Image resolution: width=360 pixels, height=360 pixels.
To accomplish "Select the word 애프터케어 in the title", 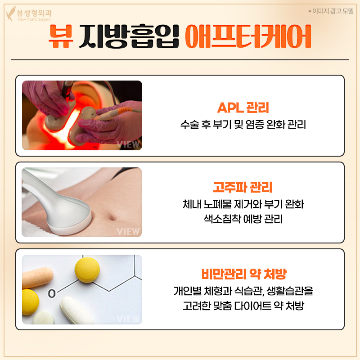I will [x=248, y=38].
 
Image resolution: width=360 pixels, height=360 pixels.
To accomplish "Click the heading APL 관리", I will [x=243, y=108].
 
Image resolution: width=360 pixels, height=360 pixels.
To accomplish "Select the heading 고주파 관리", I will [x=243, y=187].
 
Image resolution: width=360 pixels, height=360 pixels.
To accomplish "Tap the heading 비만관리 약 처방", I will [x=243, y=274].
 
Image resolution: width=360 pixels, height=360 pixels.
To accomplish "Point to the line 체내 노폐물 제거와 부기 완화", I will [x=243, y=204].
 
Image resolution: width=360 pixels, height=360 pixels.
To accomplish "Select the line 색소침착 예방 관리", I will [x=243, y=219].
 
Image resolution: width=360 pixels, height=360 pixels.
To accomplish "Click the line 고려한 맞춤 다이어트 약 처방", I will [x=243, y=306].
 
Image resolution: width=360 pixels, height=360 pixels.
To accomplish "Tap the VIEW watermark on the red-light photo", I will [x=128, y=144].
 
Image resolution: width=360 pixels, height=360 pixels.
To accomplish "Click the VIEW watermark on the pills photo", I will [x=128, y=319].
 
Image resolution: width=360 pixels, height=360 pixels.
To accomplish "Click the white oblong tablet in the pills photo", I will [x=77, y=310].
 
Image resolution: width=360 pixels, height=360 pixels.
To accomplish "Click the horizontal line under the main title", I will [x=180, y=60].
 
